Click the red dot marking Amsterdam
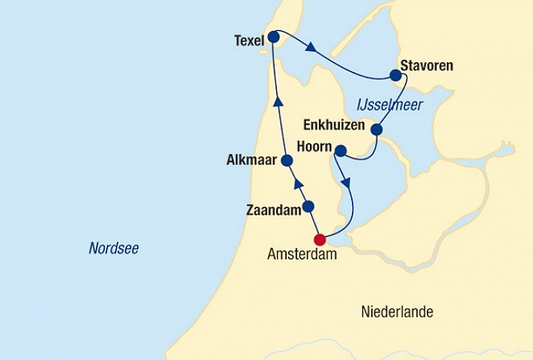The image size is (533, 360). (320, 240)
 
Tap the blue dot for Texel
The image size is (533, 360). (273, 37)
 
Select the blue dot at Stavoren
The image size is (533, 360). (395, 75)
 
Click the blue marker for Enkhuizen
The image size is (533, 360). (377, 130)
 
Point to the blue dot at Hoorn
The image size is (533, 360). (340, 152)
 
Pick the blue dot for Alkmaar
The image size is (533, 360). (287, 159)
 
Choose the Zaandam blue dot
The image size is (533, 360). (308, 207)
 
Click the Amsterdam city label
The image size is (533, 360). (298, 254)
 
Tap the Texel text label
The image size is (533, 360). (249, 40)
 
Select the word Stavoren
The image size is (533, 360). (427, 66)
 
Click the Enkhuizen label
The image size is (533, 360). (333, 124)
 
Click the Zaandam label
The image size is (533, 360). (272, 211)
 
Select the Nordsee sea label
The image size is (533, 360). (114, 248)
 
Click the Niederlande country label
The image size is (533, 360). (397, 311)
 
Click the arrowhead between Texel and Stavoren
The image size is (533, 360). (310, 49)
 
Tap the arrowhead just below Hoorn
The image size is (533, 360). (345, 182)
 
